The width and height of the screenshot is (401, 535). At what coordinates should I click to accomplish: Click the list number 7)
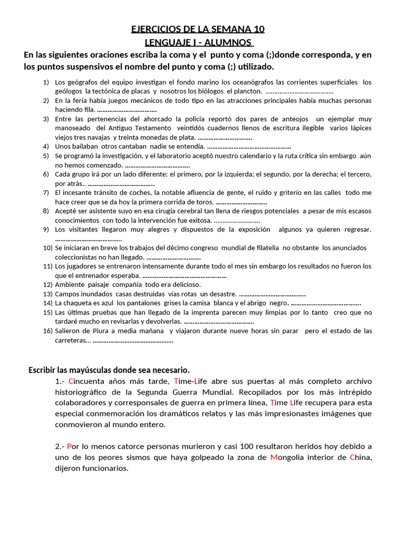[46, 192]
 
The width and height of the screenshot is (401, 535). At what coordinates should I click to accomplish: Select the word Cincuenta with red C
[90, 380]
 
